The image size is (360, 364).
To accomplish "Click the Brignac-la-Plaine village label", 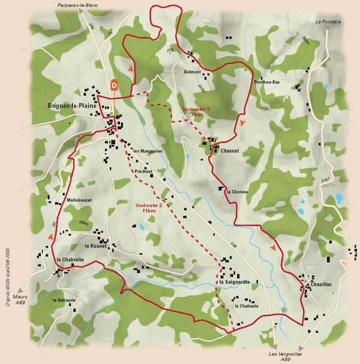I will point(73,106).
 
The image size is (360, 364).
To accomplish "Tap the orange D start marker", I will point(115,85).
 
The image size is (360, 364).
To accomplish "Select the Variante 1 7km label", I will point(196,111).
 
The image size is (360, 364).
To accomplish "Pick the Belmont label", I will point(192,71).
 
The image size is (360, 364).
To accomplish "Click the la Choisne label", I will point(238,192).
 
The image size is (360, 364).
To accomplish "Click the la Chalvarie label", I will point(247,306).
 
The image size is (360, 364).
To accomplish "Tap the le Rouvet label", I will point(95,246).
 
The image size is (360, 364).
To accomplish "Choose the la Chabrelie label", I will point(69,259).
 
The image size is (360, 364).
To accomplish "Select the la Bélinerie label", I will point(64,300).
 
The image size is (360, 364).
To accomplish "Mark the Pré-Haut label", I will point(145,171).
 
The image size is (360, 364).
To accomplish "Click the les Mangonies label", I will point(148,151).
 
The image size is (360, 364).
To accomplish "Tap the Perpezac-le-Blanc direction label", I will point(77,5).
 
